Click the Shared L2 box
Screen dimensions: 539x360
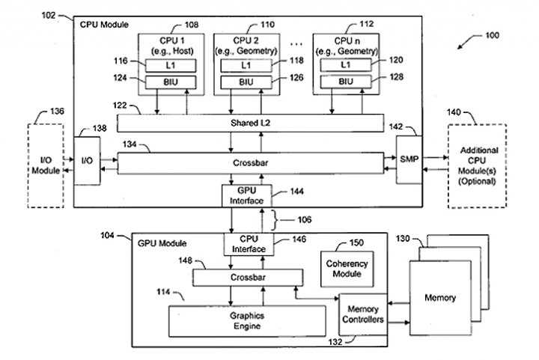[x=250, y=123]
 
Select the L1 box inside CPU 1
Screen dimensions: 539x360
[x=171, y=65]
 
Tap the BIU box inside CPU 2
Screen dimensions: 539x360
[x=246, y=82]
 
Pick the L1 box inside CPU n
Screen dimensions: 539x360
[x=346, y=64]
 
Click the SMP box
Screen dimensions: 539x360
[x=409, y=159]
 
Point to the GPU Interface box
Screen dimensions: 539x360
[x=247, y=196]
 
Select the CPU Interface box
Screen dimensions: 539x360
[x=249, y=244]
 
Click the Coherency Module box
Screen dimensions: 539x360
[x=347, y=269]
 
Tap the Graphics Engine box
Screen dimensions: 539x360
[x=247, y=321]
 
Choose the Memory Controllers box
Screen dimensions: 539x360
[x=363, y=314]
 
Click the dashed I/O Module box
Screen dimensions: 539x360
[x=46, y=165]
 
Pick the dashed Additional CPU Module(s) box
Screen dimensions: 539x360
[x=477, y=166]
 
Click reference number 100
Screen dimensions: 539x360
[x=492, y=35]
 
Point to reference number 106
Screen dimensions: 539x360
[x=304, y=220]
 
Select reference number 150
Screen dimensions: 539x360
[x=356, y=242]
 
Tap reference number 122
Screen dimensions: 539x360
[x=120, y=105]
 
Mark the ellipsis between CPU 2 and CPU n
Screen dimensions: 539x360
[x=296, y=44]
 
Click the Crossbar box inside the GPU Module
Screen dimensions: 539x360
[x=248, y=278]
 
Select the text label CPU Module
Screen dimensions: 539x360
[x=104, y=25]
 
